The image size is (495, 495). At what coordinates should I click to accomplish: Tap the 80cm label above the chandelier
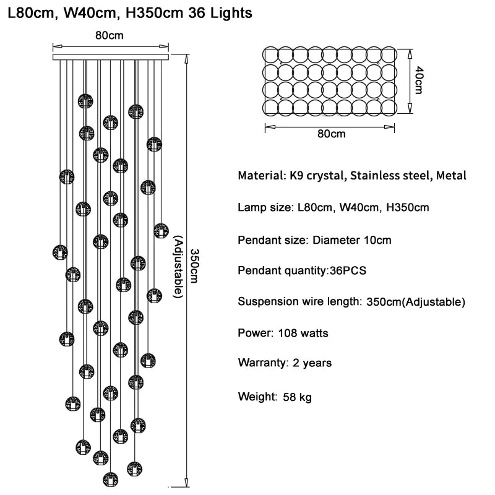(110, 35)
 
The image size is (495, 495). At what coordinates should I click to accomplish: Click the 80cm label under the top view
(330, 134)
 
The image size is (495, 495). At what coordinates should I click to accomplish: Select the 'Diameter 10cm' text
(351, 239)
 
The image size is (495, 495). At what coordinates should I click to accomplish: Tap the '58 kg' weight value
(297, 397)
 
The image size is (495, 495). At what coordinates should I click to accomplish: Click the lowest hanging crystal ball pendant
(110, 478)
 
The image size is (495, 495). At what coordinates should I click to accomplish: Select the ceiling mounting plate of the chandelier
(111, 57)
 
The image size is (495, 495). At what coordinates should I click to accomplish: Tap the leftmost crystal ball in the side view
(60, 252)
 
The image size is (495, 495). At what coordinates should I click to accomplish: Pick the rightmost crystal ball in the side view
(161, 231)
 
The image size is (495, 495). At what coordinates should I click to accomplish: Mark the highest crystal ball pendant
(86, 101)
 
